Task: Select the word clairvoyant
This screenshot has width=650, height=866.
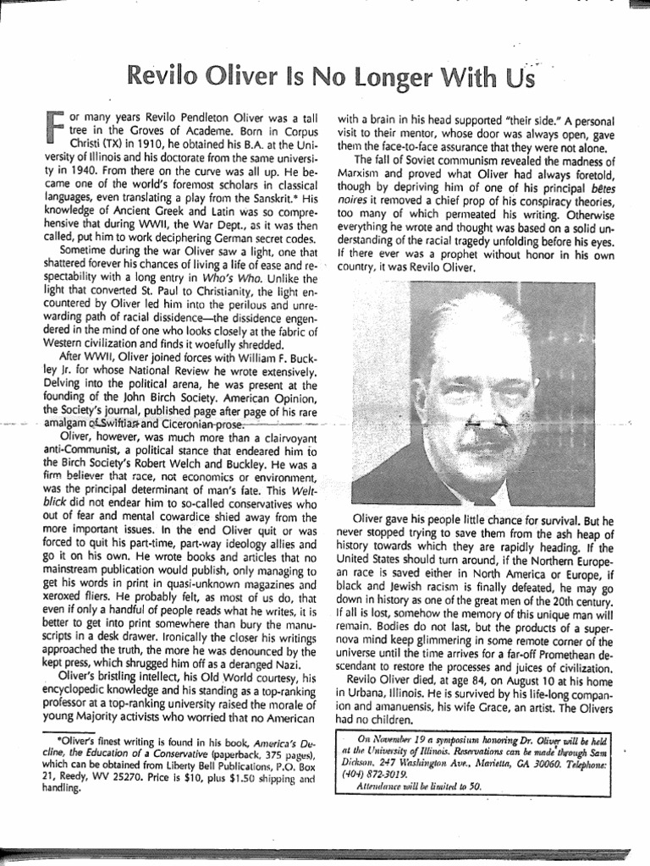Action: pyautogui.click(x=257, y=437)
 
